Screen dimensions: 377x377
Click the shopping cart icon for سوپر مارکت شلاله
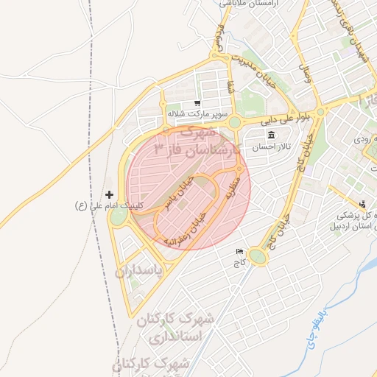coord(197,104)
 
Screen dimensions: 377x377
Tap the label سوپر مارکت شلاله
coord(194,114)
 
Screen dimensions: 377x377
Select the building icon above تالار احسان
coord(272,135)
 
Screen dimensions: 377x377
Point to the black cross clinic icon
coord(110,195)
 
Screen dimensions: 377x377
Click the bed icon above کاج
coord(238,251)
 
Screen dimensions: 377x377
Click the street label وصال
coord(305,72)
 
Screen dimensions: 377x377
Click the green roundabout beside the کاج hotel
coord(257,256)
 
